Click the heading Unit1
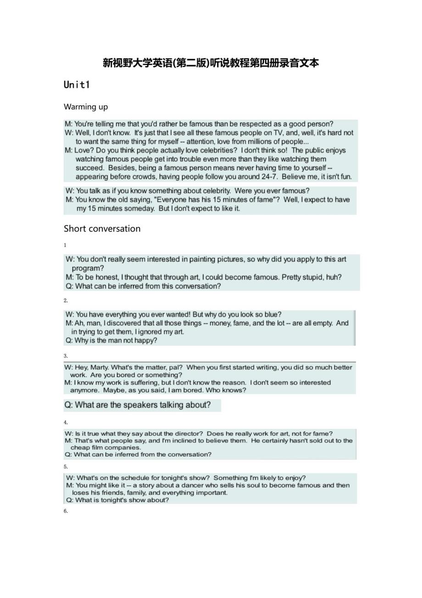click(77, 85)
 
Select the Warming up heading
click(86, 107)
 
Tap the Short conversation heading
click(102, 229)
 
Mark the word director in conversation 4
click(189, 434)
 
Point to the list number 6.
click(66, 511)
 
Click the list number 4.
click(66, 423)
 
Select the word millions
click(247, 141)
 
